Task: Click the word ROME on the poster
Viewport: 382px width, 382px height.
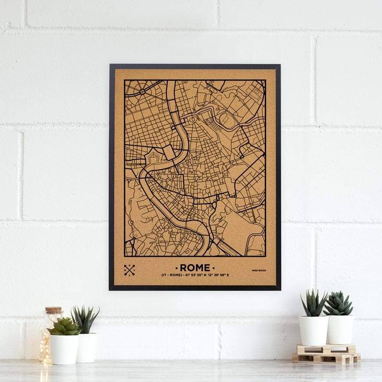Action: click(x=195, y=267)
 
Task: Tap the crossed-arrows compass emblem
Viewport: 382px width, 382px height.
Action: click(x=129, y=270)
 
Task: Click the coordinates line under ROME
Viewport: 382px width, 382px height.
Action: click(x=195, y=275)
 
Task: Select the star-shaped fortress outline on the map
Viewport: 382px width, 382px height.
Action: click(x=153, y=159)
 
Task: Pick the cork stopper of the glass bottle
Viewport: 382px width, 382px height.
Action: click(x=54, y=311)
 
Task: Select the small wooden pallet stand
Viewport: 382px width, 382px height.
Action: click(x=326, y=353)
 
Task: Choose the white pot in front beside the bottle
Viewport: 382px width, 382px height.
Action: click(x=65, y=349)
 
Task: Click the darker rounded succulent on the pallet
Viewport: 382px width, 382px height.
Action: click(x=338, y=304)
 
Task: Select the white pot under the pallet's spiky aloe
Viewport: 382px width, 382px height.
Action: click(x=313, y=330)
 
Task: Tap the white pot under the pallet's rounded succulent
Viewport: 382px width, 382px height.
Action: click(x=340, y=329)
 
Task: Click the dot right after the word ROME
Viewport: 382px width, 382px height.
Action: click(x=213, y=268)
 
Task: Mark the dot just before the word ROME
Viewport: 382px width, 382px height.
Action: click(x=176, y=268)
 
